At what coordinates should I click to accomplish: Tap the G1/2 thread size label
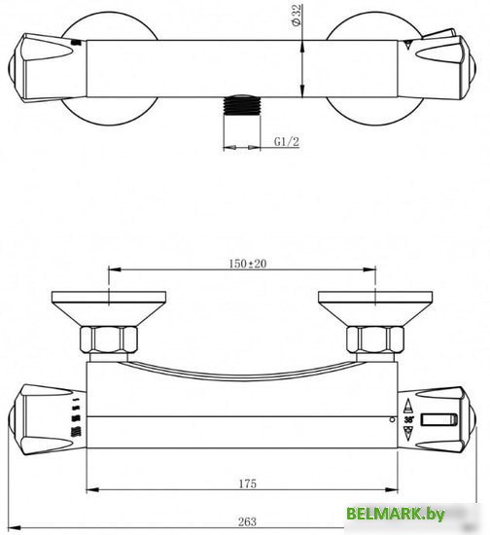(x=286, y=142)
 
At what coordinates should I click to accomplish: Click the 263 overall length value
(x=247, y=522)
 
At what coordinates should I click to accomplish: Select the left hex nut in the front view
(x=109, y=341)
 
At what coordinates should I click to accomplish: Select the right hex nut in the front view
(x=373, y=341)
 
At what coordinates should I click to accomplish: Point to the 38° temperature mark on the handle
(x=408, y=418)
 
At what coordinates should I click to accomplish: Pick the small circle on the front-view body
(x=391, y=421)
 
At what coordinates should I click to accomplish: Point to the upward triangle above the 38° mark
(x=408, y=403)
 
